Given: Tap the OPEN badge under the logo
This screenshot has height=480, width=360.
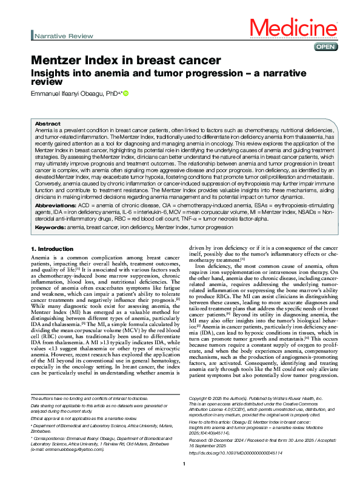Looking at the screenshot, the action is coord(322,47).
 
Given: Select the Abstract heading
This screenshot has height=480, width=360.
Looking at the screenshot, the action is coord(48,122).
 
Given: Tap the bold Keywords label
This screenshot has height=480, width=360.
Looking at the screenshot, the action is coord(51,227).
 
